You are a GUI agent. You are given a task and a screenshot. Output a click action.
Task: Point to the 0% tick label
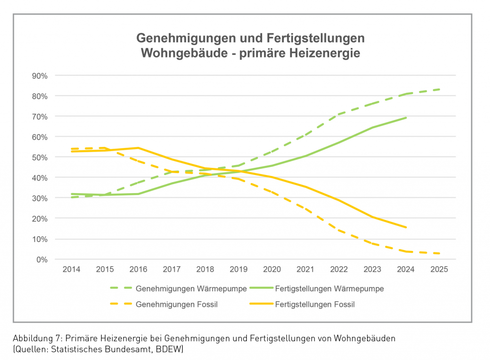point(42,260)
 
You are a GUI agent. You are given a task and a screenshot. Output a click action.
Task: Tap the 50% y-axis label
point(40,157)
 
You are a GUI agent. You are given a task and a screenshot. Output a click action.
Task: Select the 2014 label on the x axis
point(72,270)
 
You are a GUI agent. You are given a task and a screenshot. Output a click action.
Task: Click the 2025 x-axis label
point(439,270)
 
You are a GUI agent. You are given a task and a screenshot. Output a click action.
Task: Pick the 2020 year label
point(272,270)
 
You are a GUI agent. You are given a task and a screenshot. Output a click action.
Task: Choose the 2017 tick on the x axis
point(172,270)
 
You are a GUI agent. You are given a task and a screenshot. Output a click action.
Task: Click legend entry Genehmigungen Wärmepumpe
point(191,289)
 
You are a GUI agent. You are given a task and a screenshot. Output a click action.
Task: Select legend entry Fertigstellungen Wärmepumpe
point(329,289)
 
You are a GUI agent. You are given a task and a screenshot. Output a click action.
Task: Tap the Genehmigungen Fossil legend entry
point(177,304)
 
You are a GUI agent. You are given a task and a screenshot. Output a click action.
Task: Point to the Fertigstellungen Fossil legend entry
point(315,304)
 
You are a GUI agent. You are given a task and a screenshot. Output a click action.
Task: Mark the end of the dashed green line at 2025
point(439,89)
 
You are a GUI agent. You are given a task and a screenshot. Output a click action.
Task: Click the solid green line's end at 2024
point(406,118)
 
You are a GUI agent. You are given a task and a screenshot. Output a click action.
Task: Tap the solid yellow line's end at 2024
point(406,227)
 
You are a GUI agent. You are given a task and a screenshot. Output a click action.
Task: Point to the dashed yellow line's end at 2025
point(439,253)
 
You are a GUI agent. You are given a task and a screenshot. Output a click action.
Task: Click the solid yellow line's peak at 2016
point(138,148)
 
